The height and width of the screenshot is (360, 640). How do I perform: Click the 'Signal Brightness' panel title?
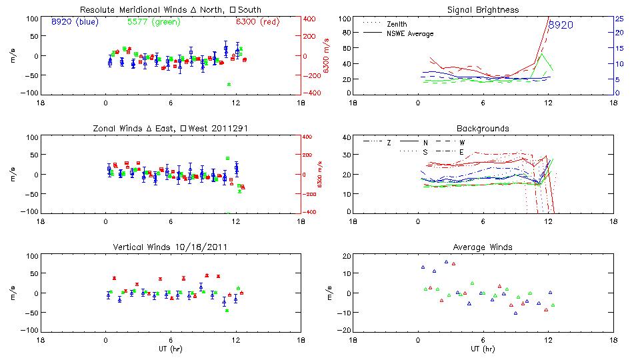483,9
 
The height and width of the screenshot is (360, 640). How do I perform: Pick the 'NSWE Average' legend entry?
410,33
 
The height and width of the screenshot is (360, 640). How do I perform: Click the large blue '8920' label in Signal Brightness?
561,25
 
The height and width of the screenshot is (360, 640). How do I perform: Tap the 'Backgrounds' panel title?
483,128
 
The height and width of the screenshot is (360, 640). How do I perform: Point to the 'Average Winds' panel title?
483,247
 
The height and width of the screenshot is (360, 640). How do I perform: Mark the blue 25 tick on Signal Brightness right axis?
619,18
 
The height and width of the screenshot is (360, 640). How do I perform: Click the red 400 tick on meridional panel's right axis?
311,18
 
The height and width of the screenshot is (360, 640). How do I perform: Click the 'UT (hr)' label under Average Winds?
483,349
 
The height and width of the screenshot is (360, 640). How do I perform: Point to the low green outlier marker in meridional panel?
229,85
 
